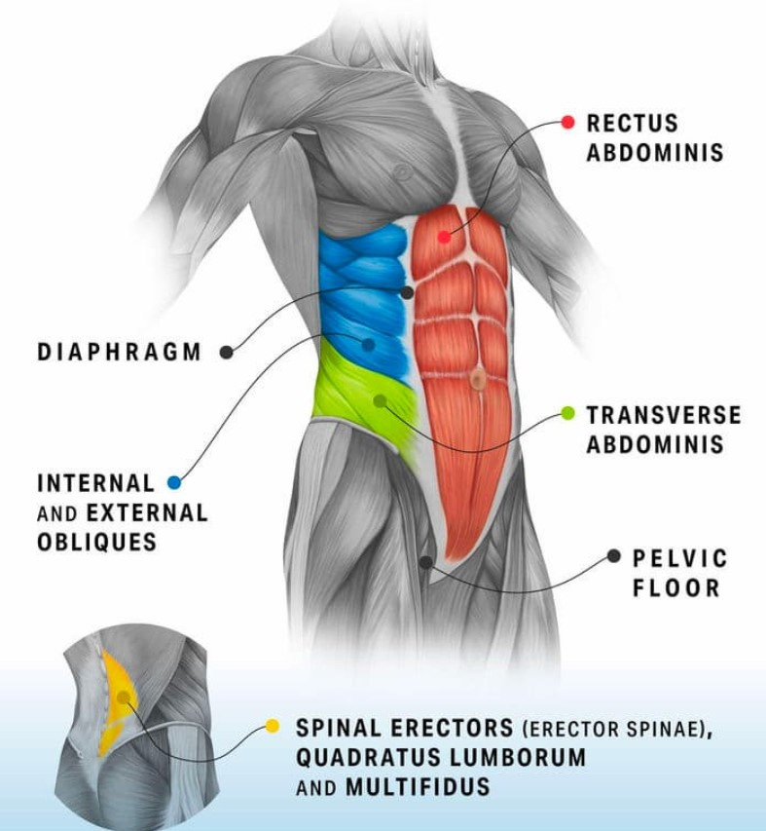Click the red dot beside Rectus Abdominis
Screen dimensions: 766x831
pyautogui.click(x=568, y=123)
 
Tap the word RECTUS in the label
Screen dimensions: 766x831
pyautogui.click(x=632, y=124)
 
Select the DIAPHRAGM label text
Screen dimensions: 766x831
pyautogui.click(x=119, y=352)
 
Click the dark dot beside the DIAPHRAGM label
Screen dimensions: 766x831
pyautogui.click(x=227, y=352)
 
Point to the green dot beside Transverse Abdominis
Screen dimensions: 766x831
pyautogui.click(x=568, y=415)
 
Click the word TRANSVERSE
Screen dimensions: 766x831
pyautogui.click(x=663, y=416)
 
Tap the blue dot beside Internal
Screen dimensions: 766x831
pyautogui.click(x=174, y=482)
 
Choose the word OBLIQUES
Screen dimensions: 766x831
pyautogui.click(x=96, y=542)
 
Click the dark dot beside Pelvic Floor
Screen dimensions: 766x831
pyautogui.click(x=613, y=556)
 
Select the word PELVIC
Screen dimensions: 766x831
pyautogui.click(x=679, y=558)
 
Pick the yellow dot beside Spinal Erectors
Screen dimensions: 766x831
pyautogui.click(x=273, y=726)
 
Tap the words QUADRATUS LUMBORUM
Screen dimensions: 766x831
pyautogui.click(x=441, y=757)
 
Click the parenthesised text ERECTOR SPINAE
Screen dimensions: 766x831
pyautogui.click(x=611, y=728)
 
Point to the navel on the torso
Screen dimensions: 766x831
pyautogui.click(x=477, y=380)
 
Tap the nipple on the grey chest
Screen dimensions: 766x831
pyautogui.click(x=401, y=172)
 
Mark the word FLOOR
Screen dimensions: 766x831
pyautogui.click(x=675, y=587)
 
